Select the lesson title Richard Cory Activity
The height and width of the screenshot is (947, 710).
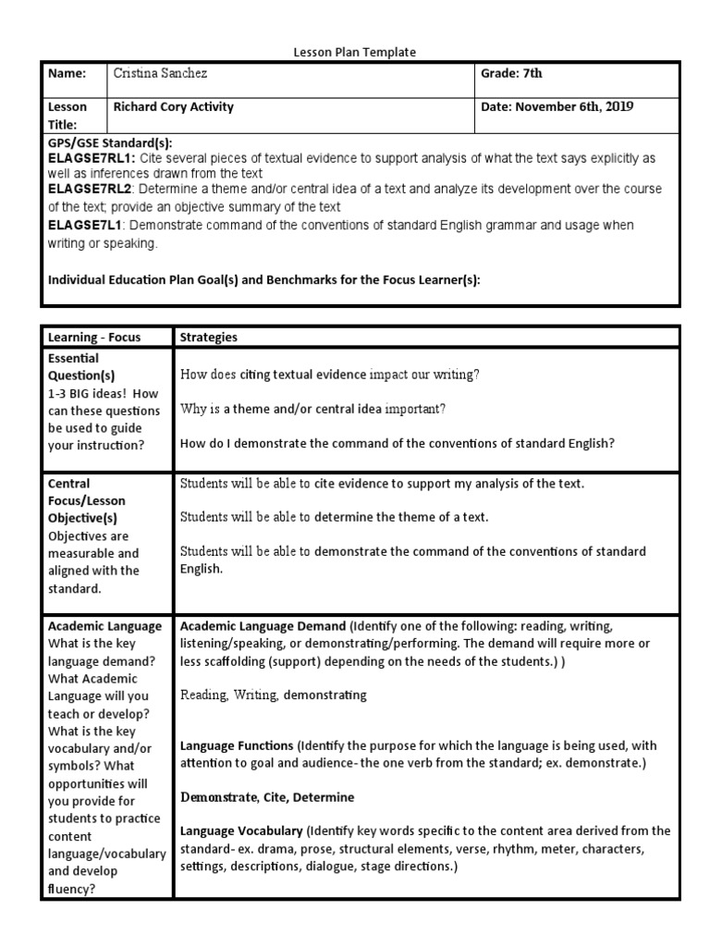click(173, 107)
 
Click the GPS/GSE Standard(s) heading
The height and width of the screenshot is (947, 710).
click(110, 143)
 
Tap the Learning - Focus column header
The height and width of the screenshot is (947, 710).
click(94, 338)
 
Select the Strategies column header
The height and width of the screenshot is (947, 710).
click(209, 338)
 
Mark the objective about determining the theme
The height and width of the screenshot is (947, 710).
click(334, 516)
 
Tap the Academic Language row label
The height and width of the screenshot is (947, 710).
click(104, 626)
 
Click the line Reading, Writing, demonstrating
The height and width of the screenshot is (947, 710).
click(274, 695)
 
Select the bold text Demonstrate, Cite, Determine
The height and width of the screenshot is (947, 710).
click(267, 796)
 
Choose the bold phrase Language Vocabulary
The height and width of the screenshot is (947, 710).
click(241, 830)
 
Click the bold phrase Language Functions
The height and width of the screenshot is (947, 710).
click(237, 744)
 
